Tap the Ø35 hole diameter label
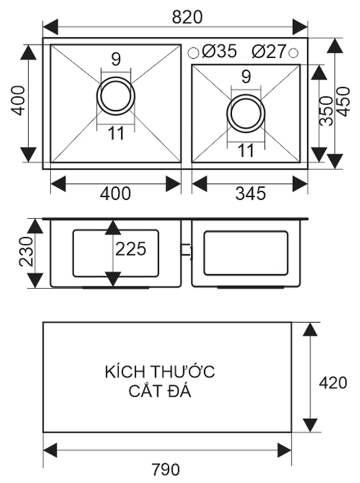pyautogui.click(x=219, y=52)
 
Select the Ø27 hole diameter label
pyautogui.click(x=269, y=52)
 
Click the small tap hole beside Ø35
pyautogui.click(x=193, y=53)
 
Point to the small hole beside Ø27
pyautogui.click(x=293, y=53)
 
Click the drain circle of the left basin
pyautogui.click(x=116, y=96)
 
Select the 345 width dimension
pyautogui.click(x=251, y=194)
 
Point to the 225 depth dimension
pyautogui.click(x=131, y=248)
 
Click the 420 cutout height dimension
pyautogui.click(x=333, y=383)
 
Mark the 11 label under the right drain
pyautogui.click(x=246, y=151)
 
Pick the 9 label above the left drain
pyautogui.click(x=116, y=60)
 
